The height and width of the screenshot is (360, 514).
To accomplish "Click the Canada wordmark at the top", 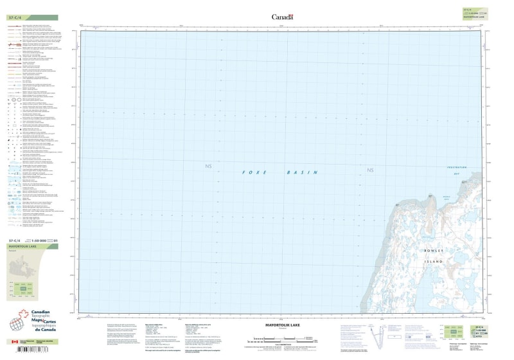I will click(282, 17).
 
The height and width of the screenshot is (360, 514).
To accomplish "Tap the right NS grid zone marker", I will click(369, 170).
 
